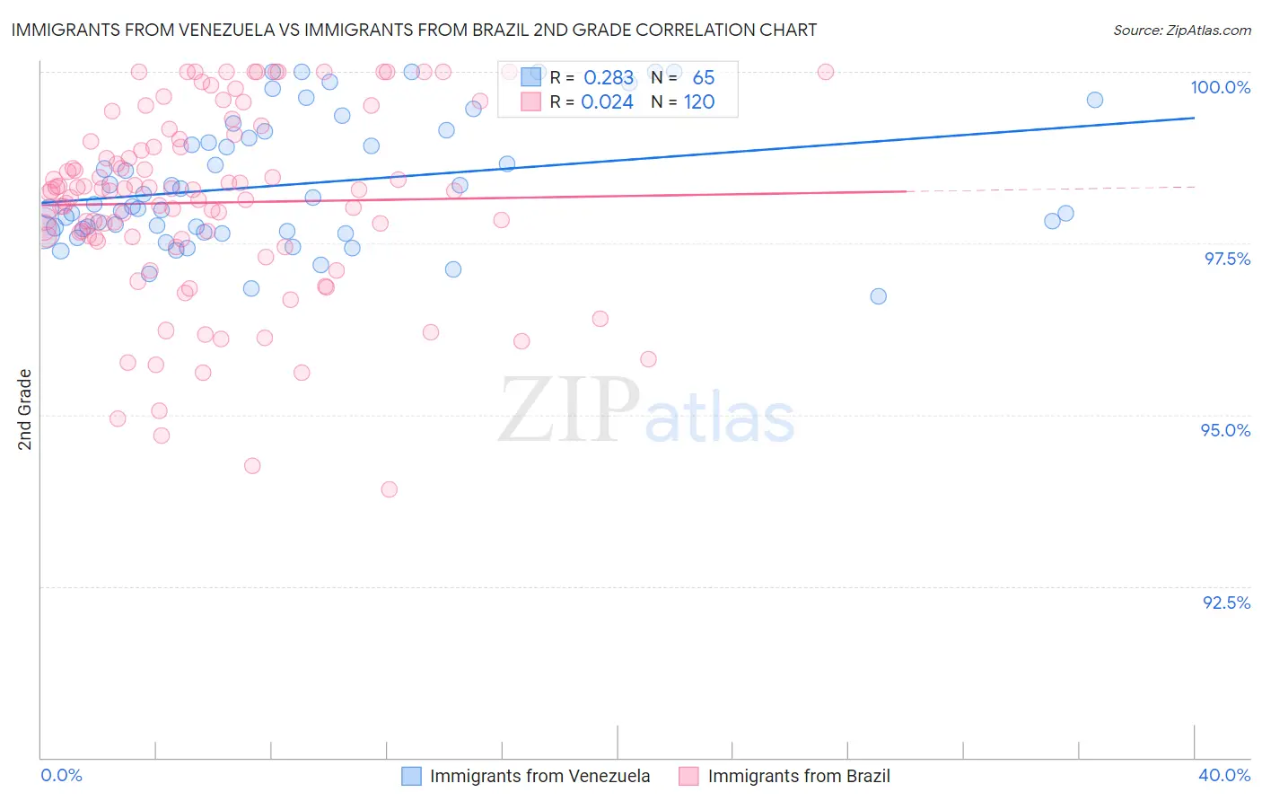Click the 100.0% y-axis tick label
[1220, 87]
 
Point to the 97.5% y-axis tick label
[1227, 259]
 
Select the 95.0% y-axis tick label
[1225, 430]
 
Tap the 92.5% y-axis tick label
[1226, 603]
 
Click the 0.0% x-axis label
[62, 775]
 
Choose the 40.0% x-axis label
[1224, 775]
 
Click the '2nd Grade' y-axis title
[25, 409]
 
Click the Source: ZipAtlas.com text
[1181, 30]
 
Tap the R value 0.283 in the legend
[609, 78]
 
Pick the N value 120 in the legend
[699, 102]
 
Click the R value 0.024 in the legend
[607, 102]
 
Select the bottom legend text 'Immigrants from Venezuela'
[539, 776]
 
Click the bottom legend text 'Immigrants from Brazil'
[799, 776]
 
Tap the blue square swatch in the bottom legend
[411, 776]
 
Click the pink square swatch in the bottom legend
[688, 776]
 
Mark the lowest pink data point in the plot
[389, 489]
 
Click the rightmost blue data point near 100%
[1094, 100]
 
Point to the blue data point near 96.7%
[878, 296]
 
